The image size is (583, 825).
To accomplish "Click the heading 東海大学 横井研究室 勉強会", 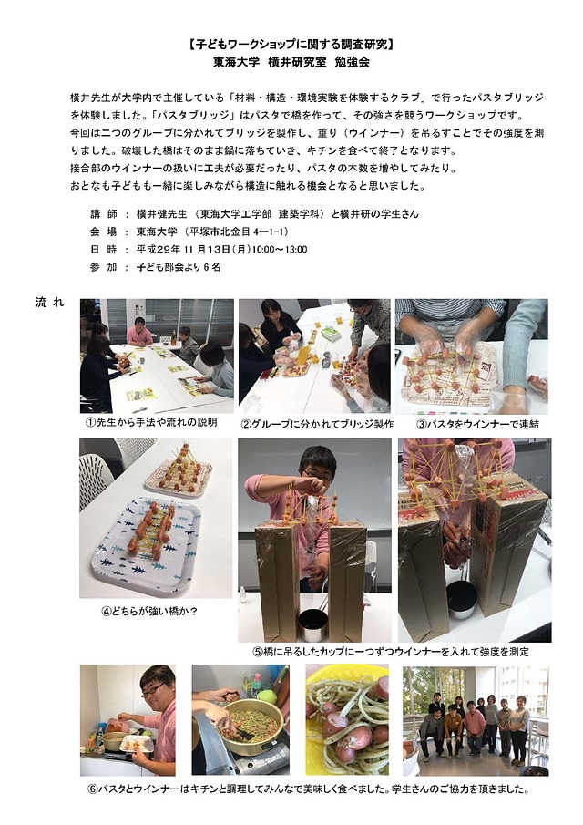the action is click(x=291, y=62).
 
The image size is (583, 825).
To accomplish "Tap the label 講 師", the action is click(x=104, y=214).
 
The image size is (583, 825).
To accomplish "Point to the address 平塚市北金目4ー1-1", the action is click(x=239, y=232).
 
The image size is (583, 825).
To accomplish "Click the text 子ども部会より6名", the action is click(x=179, y=267).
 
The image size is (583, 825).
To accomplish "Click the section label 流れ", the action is click(x=49, y=302).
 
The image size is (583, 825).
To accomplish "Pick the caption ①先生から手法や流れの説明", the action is click(x=151, y=422).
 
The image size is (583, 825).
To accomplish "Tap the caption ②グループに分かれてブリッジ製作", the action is click(x=316, y=424).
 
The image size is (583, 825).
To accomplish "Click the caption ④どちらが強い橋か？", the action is click(x=149, y=611).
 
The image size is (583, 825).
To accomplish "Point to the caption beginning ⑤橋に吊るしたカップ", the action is click(x=391, y=652).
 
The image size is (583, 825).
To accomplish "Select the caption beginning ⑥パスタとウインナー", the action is click(x=309, y=789).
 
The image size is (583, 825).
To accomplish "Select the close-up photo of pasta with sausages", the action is click(x=347, y=720).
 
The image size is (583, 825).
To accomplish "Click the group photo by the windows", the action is click(x=476, y=720).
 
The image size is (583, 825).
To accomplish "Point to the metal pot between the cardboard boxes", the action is click(x=314, y=624).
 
